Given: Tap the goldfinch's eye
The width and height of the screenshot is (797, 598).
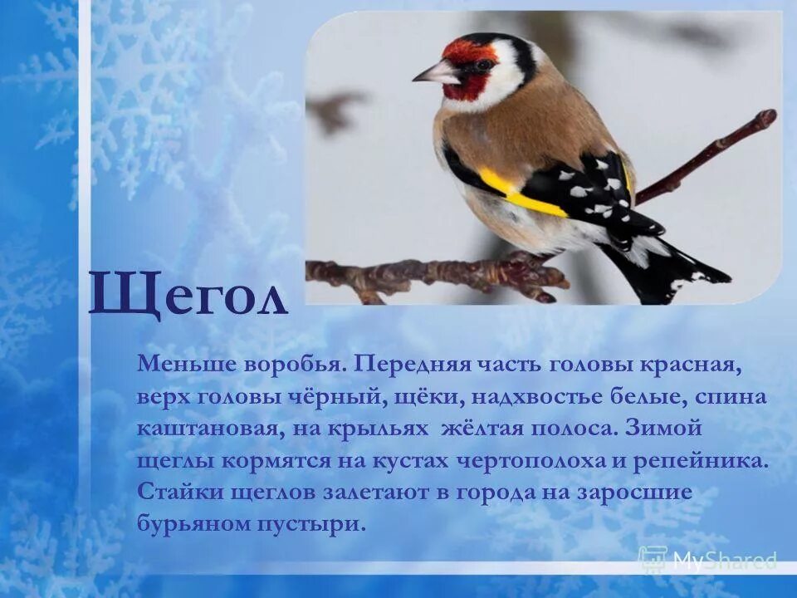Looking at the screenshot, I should tap(484, 63).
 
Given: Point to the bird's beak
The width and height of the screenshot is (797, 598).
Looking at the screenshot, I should tap(435, 73).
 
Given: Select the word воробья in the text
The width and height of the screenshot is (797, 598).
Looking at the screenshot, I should tap(296, 364).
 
